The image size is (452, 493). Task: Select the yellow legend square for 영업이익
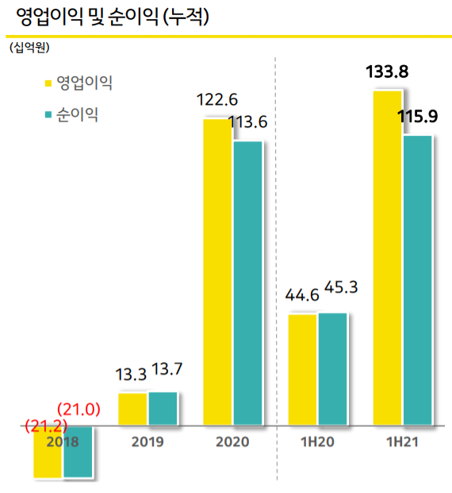(x=49, y=82)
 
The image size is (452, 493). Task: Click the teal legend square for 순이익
(x=49, y=116)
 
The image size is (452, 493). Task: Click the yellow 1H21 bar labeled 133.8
(x=387, y=258)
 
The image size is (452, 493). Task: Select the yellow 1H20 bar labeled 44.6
(x=302, y=370)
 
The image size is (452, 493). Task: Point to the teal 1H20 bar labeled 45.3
(x=331, y=369)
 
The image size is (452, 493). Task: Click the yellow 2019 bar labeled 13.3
(x=132, y=409)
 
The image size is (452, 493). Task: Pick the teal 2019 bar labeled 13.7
(x=163, y=409)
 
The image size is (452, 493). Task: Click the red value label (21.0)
(x=79, y=410)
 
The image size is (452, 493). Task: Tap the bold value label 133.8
(x=387, y=73)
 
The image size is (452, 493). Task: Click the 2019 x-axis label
(x=147, y=441)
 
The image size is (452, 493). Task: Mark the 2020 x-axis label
(x=232, y=441)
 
